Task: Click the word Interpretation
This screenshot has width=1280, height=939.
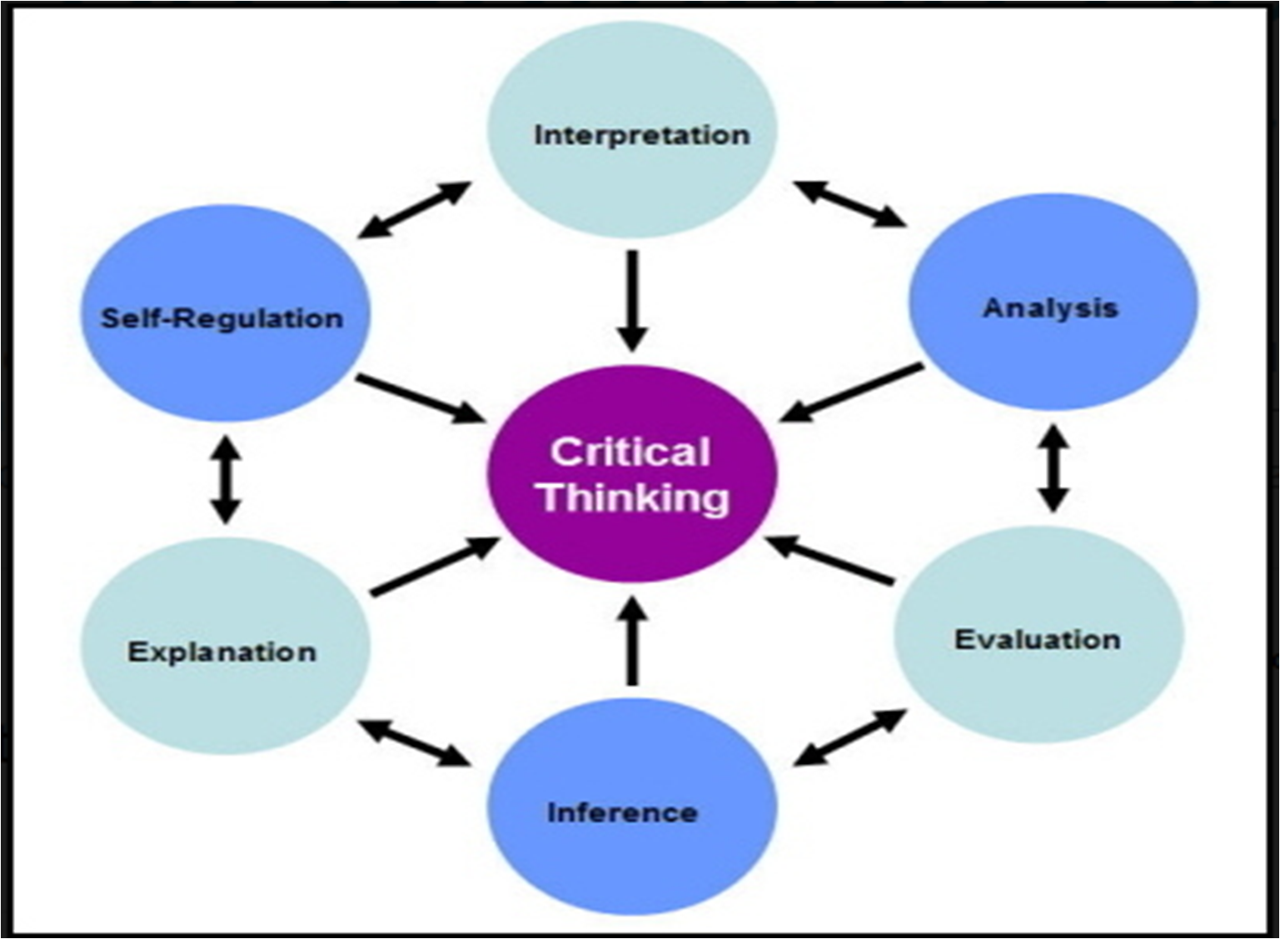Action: tap(641, 135)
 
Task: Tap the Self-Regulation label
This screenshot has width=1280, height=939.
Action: tap(222, 318)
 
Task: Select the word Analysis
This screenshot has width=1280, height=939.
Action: tap(1050, 308)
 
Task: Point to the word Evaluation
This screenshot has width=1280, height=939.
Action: tap(1037, 640)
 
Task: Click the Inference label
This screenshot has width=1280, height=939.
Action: tap(622, 812)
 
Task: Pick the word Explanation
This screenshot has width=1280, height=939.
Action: tap(222, 652)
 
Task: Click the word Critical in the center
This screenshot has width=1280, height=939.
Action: tap(630, 452)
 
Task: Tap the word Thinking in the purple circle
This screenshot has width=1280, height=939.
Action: tap(634, 497)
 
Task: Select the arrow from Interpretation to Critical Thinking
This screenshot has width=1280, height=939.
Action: tap(632, 300)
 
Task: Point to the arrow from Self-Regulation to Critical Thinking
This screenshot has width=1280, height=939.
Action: tap(421, 399)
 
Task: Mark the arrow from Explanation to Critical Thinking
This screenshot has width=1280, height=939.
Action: tap(435, 567)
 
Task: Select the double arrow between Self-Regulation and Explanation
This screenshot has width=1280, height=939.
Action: tap(226, 480)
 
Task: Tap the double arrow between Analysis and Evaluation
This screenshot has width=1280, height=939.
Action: tap(1053, 467)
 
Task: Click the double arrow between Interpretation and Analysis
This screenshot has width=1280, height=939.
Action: tap(849, 203)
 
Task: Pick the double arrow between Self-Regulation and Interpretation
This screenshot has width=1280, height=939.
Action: tap(415, 209)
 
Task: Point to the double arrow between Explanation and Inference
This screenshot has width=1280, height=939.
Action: tap(414, 742)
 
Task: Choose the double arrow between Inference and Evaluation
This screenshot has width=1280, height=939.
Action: tap(849, 737)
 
